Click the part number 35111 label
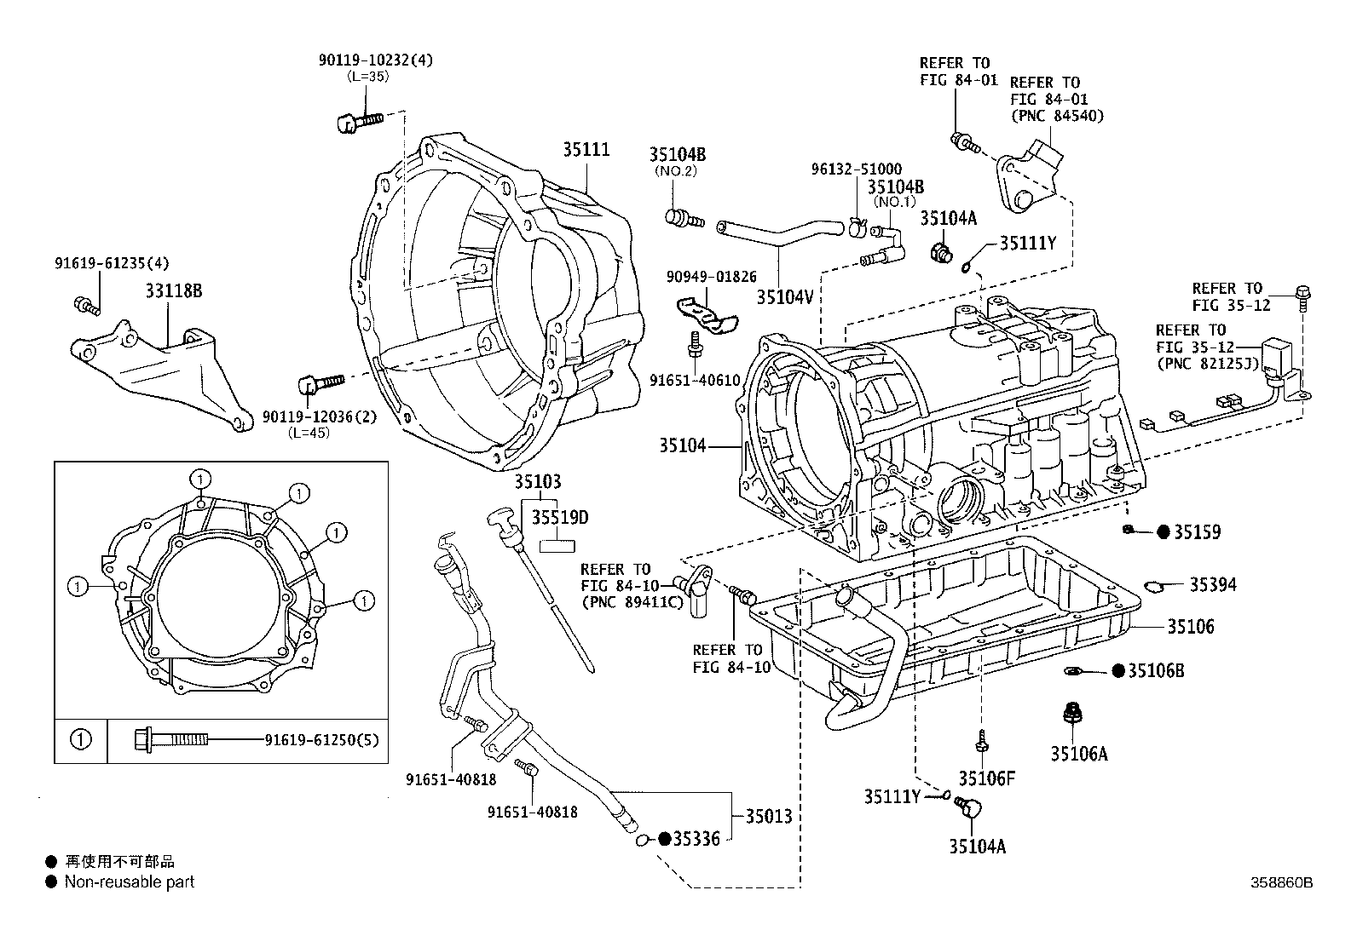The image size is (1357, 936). (x=586, y=149)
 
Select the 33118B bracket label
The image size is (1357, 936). (x=173, y=291)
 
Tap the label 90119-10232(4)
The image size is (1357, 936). (x=375, y=60)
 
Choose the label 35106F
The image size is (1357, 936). (x=986, y=778)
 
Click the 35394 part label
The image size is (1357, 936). (x=1213, y=585)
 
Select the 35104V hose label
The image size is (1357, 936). (x=783, y=296)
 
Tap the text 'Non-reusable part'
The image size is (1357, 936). (x=130, y=882)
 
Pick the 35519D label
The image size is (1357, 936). (x=560, y=518)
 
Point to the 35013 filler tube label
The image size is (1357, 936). (x=769, y=816)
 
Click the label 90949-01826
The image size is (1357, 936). (x=712, y=277)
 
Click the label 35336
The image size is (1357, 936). (x=696, y=839)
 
